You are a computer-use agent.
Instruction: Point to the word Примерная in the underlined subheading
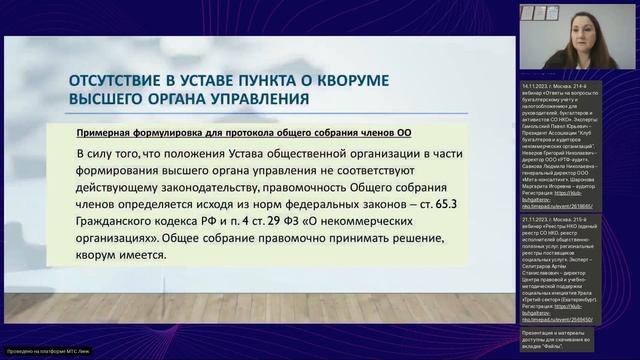click(x=109, y=134)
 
